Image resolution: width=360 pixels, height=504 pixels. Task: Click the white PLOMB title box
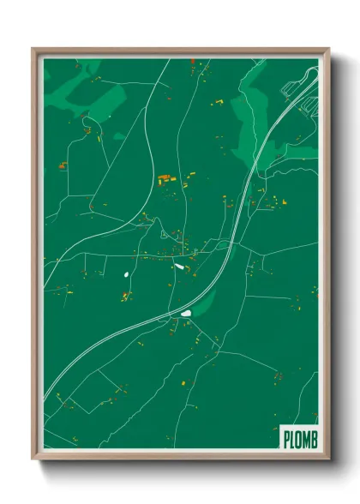tap(299, 438)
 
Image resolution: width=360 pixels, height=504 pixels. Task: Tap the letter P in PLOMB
tap(286, 439)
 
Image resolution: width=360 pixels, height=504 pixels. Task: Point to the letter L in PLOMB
tap(292, 439)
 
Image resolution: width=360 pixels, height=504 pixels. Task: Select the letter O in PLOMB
tap(298, 439)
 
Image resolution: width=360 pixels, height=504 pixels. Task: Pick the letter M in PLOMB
tap(306, 439)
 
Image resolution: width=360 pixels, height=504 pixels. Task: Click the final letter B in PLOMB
tap(313, 439)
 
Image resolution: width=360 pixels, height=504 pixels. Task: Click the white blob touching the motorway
tap(185, 313)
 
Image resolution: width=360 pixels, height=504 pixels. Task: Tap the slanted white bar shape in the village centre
tap(179, 266)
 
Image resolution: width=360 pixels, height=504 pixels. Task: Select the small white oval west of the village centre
tap(125, 275)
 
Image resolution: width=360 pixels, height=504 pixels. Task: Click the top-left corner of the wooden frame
tap(33, 49)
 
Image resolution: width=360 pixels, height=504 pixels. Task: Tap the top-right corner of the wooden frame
tap(328, 49)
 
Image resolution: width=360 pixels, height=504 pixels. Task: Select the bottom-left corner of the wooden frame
tap(33, 459)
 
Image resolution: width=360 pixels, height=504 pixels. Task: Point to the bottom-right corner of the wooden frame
tap(328, 459)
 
